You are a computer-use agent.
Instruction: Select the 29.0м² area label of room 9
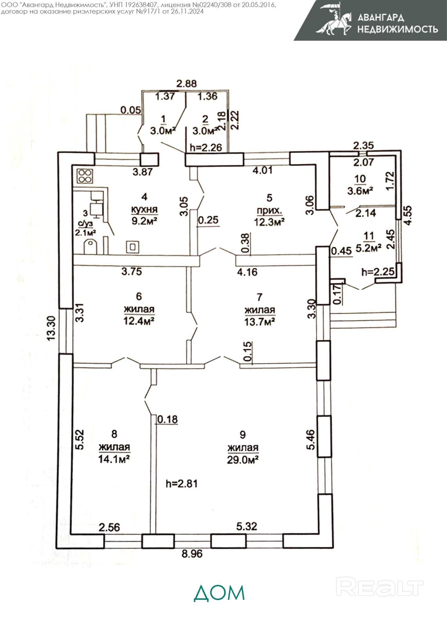pos(243,460)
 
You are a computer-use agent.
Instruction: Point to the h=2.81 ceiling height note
pos(182,483)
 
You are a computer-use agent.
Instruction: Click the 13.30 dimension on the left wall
pos(51,328)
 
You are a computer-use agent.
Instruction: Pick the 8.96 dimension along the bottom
pos(192,553)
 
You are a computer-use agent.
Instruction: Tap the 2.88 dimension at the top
pos(186,83)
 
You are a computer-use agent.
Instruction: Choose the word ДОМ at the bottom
pos(219,593)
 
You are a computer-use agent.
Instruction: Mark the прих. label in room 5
pos(269,211)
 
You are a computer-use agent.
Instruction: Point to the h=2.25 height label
pos(378,272)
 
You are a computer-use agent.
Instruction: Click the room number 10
pos(360,179)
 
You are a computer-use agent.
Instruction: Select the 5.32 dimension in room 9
pos(246,526)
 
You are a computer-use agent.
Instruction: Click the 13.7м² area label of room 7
pos(260,322)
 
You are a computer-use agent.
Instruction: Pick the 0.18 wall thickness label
pos(168,419)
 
